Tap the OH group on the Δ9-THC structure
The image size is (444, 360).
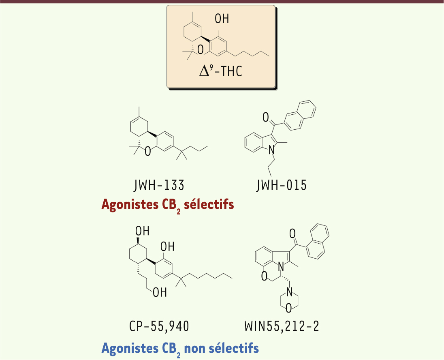tap(222, 19)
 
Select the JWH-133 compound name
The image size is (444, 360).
tap(159, 185)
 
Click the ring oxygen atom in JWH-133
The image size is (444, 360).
tap(148, 152)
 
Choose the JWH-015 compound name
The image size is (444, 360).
tap(282, 185)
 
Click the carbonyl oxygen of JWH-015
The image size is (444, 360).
tap(266, 118)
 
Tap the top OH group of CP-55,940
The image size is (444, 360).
tap(142, 231)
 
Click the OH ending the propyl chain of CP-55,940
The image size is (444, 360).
tap(159, 293)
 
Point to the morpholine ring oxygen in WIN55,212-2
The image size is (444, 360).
tap(288, 309)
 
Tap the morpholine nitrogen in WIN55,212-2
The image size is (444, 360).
tap(288, 291)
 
